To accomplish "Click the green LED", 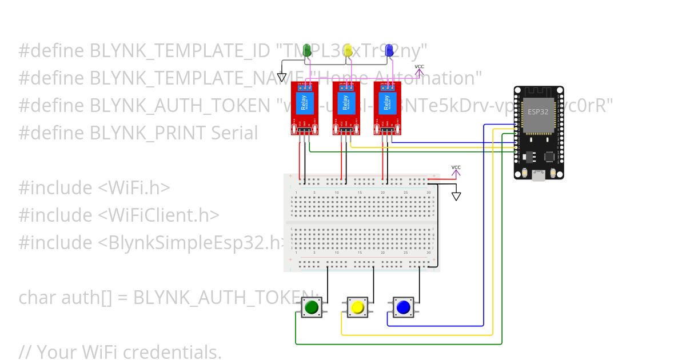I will click(308, 50).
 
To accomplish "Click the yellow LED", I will click(349, 50).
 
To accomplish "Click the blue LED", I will click(390, 50).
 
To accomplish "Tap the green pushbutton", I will click(312, 307).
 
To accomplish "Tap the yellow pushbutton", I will click(358, 307).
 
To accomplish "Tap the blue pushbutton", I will click(404, 307).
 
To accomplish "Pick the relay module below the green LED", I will click(302, 109).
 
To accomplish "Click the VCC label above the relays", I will click(420, 67).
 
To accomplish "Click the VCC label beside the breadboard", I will click(456, 167).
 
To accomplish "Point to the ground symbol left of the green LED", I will click(282, 77).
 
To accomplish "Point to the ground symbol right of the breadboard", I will click(456, 197).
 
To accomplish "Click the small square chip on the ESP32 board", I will click(550, 155).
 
